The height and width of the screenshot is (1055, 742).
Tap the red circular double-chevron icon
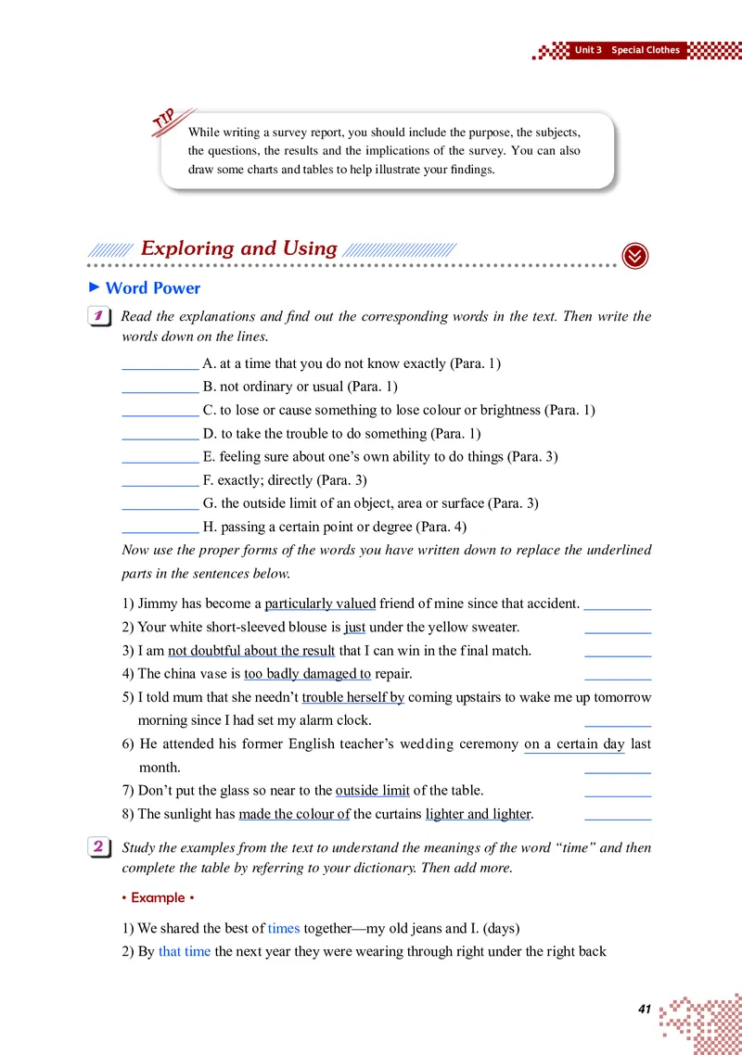pos(634,257)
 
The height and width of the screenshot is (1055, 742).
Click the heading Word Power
pos(152,288)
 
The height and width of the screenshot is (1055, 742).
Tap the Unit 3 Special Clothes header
pos(626,50)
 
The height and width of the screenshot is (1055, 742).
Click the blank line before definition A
pos(160,364)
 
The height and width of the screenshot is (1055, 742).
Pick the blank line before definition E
pos(160,457)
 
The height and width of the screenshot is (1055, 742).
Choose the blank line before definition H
pos(160,527)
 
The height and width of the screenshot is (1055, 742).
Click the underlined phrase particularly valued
pos(320,604)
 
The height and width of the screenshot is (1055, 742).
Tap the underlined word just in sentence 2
pos(354,627)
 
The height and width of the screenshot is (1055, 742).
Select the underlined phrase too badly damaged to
pos(307,674)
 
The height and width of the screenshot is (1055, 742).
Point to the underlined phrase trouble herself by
pos(352,697)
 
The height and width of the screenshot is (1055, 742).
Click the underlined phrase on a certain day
pos(574,744)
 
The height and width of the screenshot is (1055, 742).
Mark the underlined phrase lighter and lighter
pos(478,814)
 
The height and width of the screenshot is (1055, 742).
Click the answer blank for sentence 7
pos(618,791)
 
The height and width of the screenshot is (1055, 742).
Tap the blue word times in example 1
pos(284,928)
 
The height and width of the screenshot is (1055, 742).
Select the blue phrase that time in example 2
pos(185,951)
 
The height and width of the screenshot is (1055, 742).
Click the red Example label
pos(158,897)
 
